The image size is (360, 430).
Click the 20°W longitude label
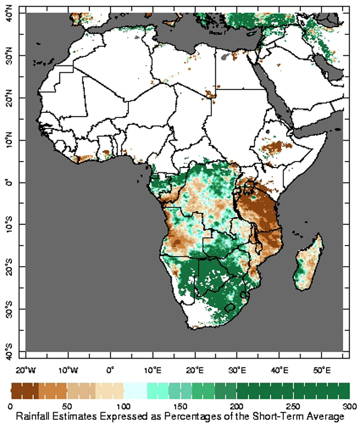(x=26, y=371)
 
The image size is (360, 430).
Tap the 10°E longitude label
(x=152, y=371)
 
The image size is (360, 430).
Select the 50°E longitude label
(x=322, y=371)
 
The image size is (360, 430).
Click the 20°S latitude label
(x=9, y=267)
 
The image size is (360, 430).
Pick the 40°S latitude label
(x=9, y=351)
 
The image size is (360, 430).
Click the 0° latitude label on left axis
(x=9, y=183)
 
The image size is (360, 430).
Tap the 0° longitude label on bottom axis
(x=110, y=371)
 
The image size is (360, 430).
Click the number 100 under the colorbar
(x=124, y=407)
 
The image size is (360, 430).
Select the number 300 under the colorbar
(x=350, y=407)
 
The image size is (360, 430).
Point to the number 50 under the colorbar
(x=67, y=407)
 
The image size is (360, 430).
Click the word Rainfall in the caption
(x=32, y=416)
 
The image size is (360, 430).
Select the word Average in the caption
(x=325, y=417)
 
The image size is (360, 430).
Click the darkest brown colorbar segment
(x=25, y=390)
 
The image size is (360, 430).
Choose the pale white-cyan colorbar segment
(x=136, y=390)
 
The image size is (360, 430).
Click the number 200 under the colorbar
(x=237, y=407)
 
